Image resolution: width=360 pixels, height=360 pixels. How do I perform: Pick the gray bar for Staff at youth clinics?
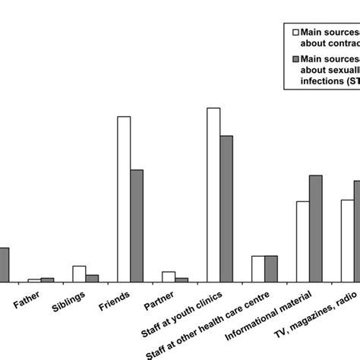coord(226,209)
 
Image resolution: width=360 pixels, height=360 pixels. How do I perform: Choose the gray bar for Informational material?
coord(315,229)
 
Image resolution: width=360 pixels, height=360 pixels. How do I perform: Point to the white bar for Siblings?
coord(79,274)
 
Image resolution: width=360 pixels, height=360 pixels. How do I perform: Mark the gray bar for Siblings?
coord(92,278)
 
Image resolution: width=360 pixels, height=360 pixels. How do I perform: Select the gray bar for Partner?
coord(182,279)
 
